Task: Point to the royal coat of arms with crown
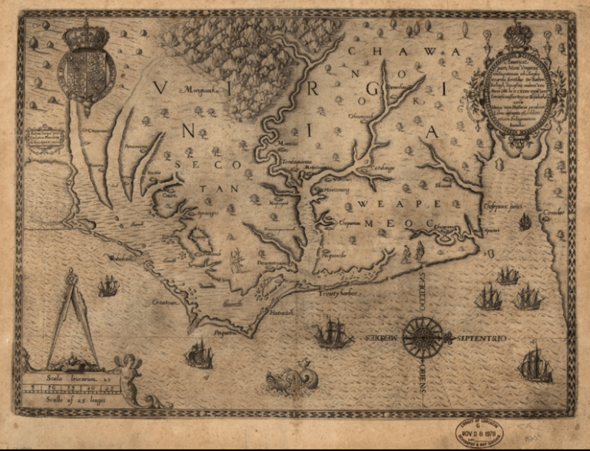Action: [87, 61]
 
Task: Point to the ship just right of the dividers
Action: [108, 287]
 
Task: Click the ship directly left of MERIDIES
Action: [333, 332]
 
